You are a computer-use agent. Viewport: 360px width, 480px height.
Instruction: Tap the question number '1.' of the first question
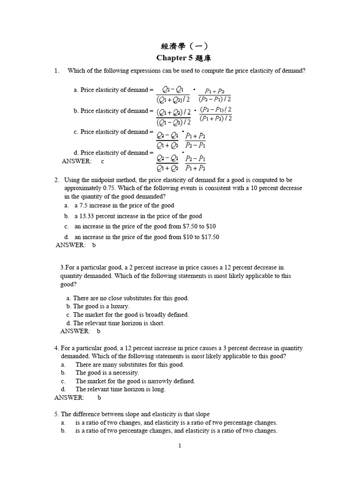(x=57, y=71)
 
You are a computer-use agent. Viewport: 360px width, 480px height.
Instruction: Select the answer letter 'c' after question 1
(x=103, y=161)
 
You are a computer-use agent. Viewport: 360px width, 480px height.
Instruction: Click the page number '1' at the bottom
(x=180, y=446)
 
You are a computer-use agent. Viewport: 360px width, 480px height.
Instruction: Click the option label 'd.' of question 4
(x=63, y=389)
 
